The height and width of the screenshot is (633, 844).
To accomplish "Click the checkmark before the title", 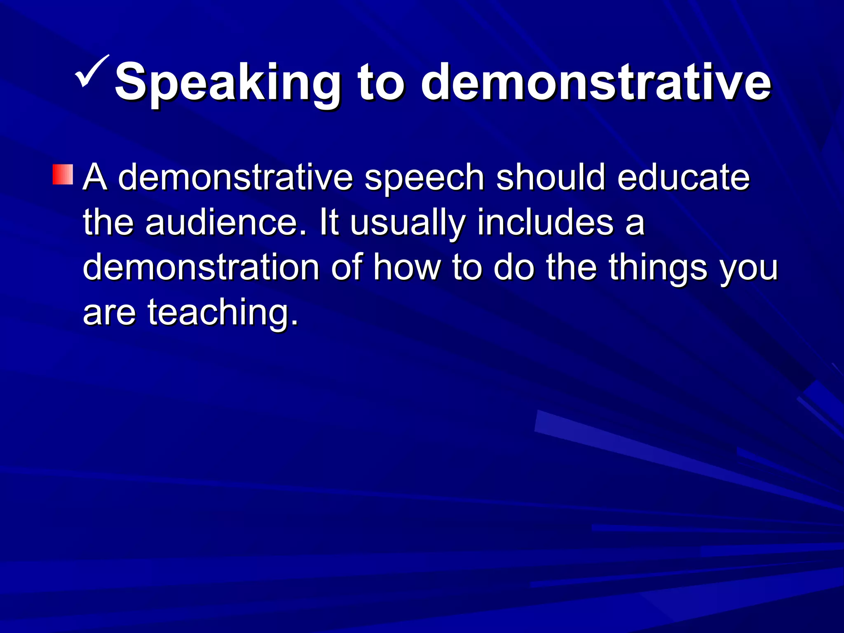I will click(x=92, y=71).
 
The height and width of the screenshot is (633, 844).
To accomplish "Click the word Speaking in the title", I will click(x=227, y=82).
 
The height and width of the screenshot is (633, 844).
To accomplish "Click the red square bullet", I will click(x=63, y=175).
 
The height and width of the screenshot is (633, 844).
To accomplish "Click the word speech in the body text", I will click(x=424, y=178).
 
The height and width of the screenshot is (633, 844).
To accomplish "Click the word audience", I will click(x=226, y=223).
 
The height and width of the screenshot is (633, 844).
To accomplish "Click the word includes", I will click(x=546, y=223).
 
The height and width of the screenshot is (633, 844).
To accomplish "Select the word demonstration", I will click(x=201, y=268).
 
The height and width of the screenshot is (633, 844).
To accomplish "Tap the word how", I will click(x=407, y=268).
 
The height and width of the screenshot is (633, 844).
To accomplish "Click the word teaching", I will click(x=223, y=313).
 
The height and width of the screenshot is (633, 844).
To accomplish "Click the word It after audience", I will click(x=329, y=223).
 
